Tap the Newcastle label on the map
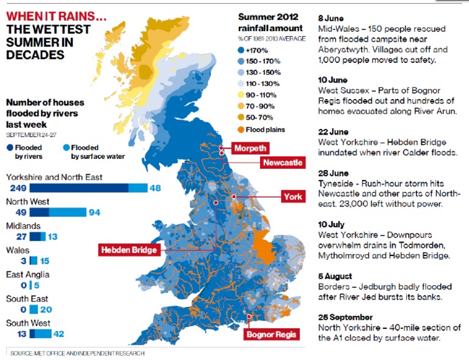(x=282, y=163)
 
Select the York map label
(x=291, y=197)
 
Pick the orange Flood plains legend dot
(x=241, y=129)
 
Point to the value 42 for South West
(x=58, y=334)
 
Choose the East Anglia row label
(x=27, y=275)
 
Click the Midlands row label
(x=23, y=226)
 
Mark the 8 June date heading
(x=331, y=19)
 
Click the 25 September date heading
(x=345, y=317)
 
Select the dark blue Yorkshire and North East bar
(x=79, y=188)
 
